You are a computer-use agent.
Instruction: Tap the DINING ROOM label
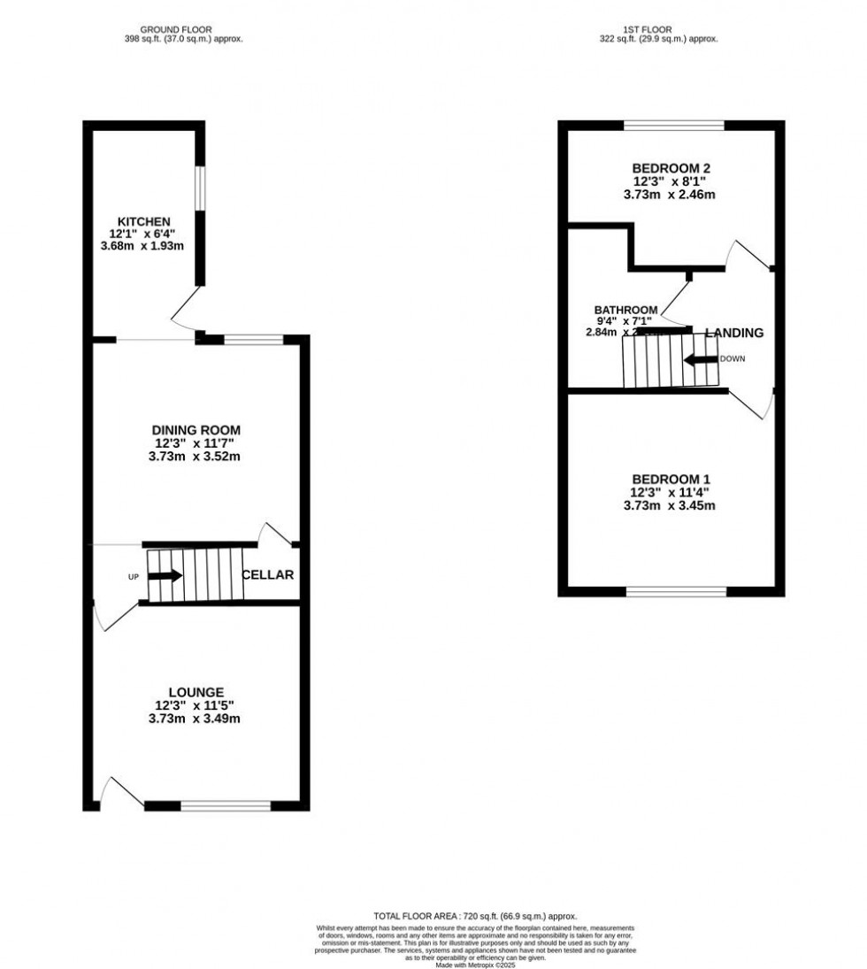(x=195, y=430)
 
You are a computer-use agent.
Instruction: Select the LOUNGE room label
(x=196, y=692)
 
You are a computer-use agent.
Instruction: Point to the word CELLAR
(x=268, y=575)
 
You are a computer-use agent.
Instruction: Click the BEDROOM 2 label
(x=672, y=168)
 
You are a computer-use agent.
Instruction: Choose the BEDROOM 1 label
(x=672, y=479)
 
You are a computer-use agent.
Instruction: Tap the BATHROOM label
(x=625, y=310)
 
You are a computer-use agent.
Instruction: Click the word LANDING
(x=734, y=333)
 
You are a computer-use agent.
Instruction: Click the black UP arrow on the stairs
(x=165, y=576)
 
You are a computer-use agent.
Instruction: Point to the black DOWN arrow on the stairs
(x=700, y=359)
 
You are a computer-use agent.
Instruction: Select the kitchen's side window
(x=201, y=187)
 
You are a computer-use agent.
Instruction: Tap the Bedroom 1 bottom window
(x=677, y=591)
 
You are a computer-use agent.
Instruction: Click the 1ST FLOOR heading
(x=659, y=29)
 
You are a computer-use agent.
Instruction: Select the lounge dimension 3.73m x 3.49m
(x=196, y=719)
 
